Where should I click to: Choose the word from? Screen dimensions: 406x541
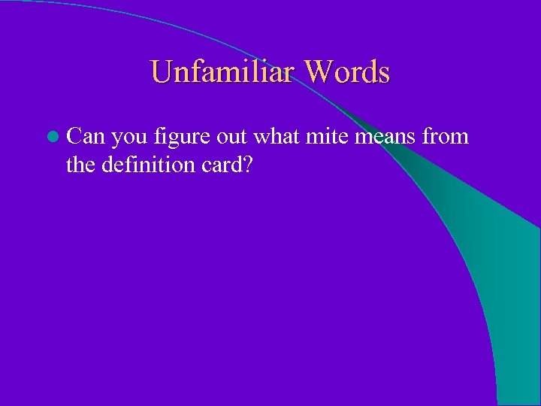click(446, 137)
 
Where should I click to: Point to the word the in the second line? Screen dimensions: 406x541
click(80, 164)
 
